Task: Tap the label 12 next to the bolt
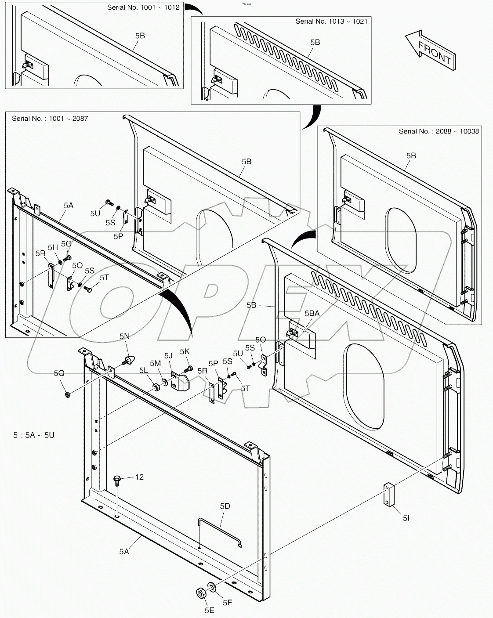click(139, 477)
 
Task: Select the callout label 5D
click(225, 506)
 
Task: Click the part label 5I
click(406, 518)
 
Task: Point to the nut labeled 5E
click(200, 593)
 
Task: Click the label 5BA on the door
click(312, 313)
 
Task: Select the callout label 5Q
click(59, 373)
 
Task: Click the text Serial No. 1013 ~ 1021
click(331, 21)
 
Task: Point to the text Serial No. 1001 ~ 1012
click(143, 7)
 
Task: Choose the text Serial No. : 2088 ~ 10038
click(439, 131)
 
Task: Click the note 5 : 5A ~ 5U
click(34, 435)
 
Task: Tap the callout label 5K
click(185, 351)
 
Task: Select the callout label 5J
click(168, 356)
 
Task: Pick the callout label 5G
click(66, 244)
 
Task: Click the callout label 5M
click(155, 363)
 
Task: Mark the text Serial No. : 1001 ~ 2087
click(50, 119)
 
